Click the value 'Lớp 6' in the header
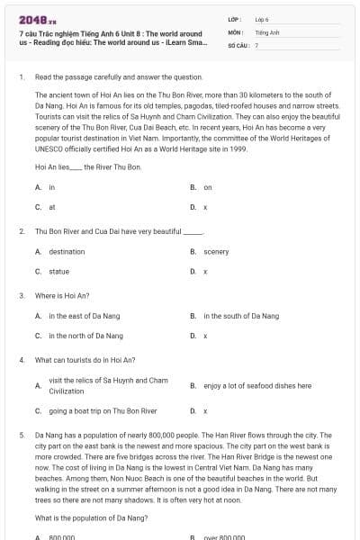tap(262, 18)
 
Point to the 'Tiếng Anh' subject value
tap(266, 31)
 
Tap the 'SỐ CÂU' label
tap(238, 44)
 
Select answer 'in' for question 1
tap(52, 187)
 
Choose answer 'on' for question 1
tap(208, 187)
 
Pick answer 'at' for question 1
tap(52, 206)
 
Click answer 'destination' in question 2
tap(67, 252)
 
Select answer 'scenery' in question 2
tap(216, 252)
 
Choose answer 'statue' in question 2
tap(58, 271)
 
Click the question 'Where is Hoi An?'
tap(62, 295)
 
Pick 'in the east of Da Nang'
tap(85, 316)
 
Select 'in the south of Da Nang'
tap(241, 316)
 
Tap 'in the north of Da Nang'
tap(85, 336)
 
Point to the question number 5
tap(22, 435)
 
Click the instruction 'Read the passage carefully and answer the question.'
tap(112, 77)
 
